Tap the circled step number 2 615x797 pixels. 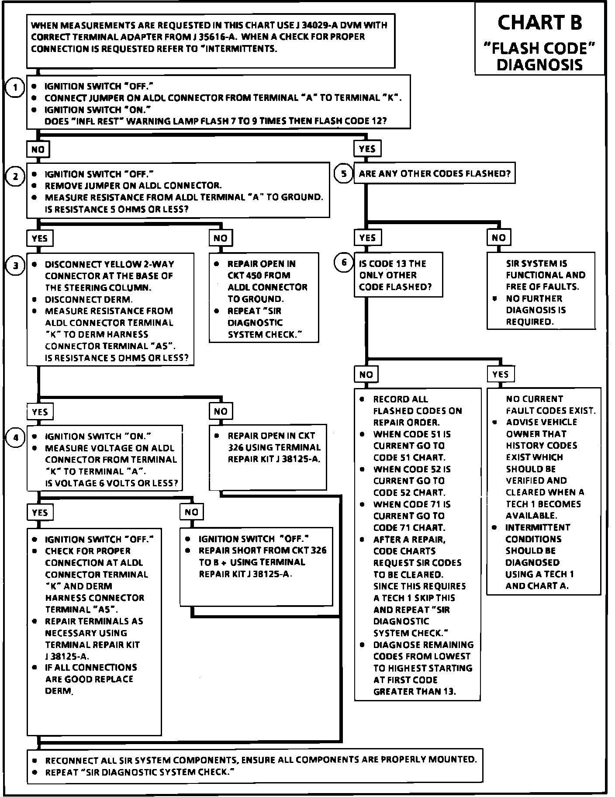click(x=15, y=177)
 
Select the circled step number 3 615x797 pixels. click(x=15, y=266)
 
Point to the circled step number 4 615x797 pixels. click(x=15, y=437)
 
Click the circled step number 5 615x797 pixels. click(x=344, y=173)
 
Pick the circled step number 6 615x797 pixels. click(x=344, y=263)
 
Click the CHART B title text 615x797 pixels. click(x=539, y=23)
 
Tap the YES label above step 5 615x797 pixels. click(x=367, y=149)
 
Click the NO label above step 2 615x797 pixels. click(x=38, y=149)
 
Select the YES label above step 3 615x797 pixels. click(x=40, y=238)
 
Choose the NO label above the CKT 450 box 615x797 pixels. click(x=221, y=238)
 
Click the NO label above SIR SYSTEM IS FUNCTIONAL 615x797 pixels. click(x=499, y=237)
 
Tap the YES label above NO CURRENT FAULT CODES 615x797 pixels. click(x=501, y=374)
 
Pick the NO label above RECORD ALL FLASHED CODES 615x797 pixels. click(x=366, y=374)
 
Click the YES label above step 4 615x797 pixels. click(x=40, y=412)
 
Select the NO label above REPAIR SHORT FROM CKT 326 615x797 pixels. click(x=191, y=512)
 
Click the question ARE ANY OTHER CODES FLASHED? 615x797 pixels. click(x=435, y=173)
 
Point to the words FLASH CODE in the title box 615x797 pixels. click(x=539, y=48)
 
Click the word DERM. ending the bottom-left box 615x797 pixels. click(x=59, y=691)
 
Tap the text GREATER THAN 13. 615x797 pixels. click(x=414, y=691)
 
